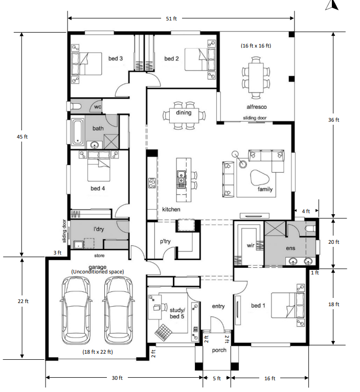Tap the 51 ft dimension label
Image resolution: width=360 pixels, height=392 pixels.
click(172, 19)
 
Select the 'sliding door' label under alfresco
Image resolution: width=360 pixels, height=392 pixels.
click(254, 118)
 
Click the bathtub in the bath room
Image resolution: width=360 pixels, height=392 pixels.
click(77, 131)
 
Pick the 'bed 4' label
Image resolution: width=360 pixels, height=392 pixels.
click(98, 189)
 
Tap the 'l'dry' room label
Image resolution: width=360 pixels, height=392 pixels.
click(99, 229)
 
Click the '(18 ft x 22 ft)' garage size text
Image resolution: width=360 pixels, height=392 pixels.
click(98, 352)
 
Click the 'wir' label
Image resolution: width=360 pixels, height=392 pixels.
click(251, 246)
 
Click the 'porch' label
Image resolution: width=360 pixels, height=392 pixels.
click(219, 351)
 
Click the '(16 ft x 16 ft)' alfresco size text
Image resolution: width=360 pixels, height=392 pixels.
click(256, 45)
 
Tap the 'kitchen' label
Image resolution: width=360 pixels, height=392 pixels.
click(171, 210)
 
